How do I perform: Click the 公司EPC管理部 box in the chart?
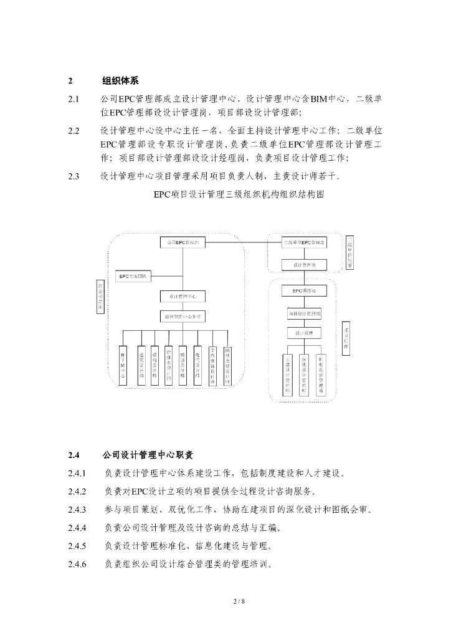coord(183,241)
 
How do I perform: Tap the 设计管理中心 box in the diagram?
coord(183,296)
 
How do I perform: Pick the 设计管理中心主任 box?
coord(183,317)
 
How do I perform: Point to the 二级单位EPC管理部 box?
coord(305,241)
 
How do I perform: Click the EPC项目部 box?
coord(305,291)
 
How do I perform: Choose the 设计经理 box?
coord(305,332)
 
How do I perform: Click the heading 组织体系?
coord(120,81)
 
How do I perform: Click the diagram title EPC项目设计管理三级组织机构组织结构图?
coord(239,194)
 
